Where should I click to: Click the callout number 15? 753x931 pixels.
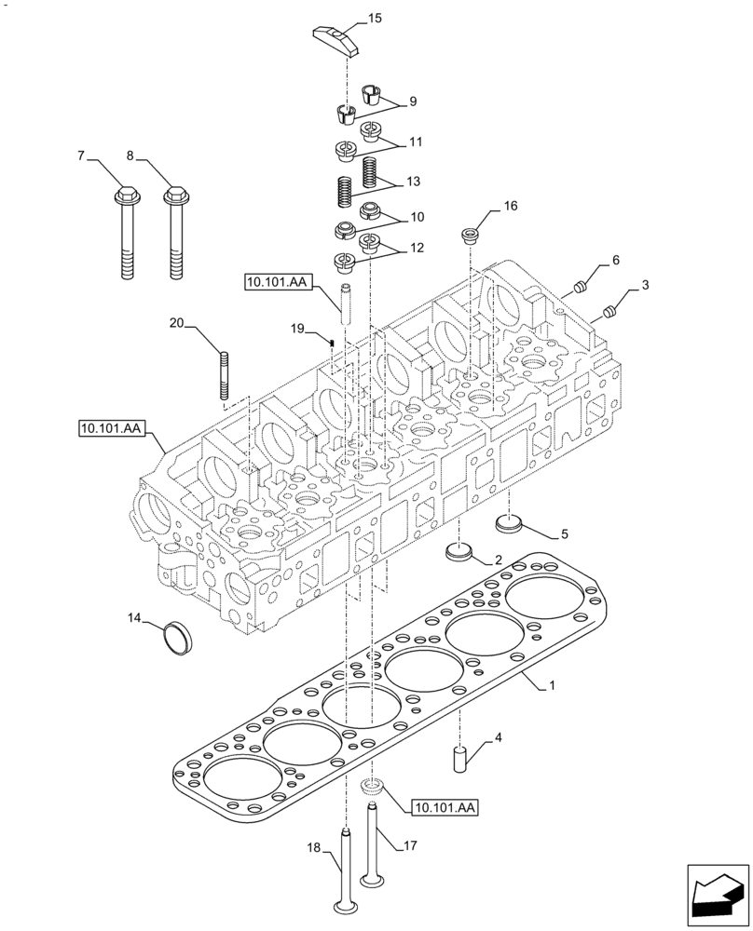pyautogui.click(x=375, y=18)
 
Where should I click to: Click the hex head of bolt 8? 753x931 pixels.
pyautogui.click(x=173, y=196)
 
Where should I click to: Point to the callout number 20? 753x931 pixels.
pyautogui.click(x=176, y=324)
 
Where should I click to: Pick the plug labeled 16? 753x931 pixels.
pyautogui.click(x=470, y=233)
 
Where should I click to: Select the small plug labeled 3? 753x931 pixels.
pyautogui.click(x=610, y=310)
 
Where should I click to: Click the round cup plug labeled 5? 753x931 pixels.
pyautogui.click(x=509, y=524)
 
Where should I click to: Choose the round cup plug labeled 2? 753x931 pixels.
pyautogui.click(x=459, y=552)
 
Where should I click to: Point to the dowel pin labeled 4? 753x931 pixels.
pyautogui.click(x=459, y=757)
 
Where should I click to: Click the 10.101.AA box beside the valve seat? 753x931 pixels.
pyautogui.click(x=441, y=808)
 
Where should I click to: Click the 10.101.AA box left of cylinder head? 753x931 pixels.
pyautogui.click(x=110, y=428)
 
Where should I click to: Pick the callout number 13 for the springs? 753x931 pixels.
pyautogui.click(x=413, y=180)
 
